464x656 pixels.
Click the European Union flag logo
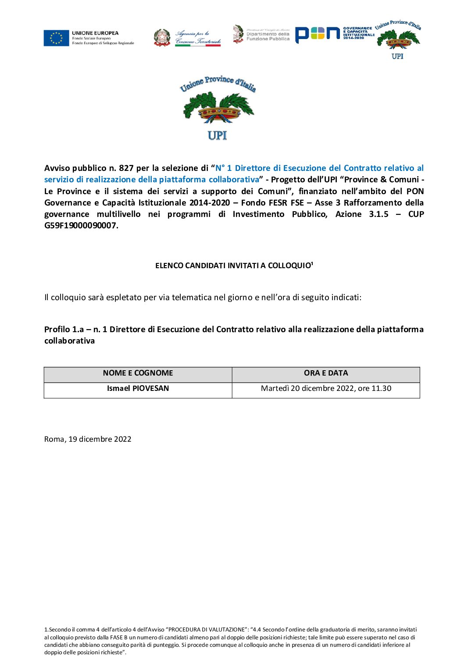click(56, 38)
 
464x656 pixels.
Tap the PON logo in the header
click(318, 34)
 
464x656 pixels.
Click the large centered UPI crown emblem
click(218, 108)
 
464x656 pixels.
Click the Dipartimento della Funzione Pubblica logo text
click(268, 36)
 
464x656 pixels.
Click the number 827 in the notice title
click(126, 168)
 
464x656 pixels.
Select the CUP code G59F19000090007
click(80, 226)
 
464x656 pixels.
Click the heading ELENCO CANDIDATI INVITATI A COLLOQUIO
click(234, 266)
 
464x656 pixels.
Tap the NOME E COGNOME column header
click(138, 373)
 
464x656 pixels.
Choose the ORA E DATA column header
click(326, 373)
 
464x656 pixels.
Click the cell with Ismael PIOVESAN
click(138, 389)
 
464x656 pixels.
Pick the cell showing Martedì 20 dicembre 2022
click(326, 389)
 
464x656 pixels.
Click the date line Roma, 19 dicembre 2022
click(88, 440)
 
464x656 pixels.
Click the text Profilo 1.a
click(64, 330)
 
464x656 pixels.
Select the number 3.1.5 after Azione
click(378, 214)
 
